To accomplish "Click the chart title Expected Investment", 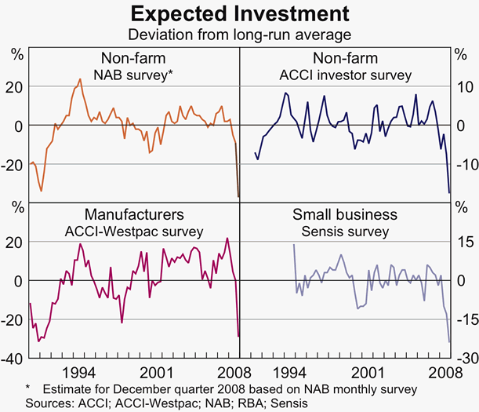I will click(239, 13).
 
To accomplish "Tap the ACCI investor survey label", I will click(345, 75).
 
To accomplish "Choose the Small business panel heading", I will click(345, 215).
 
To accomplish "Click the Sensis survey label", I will click(345, 232).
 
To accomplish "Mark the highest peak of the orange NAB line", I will click(80, 78).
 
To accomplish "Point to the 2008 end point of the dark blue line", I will click(449, 192).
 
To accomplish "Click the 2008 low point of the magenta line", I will click(238, 337).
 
